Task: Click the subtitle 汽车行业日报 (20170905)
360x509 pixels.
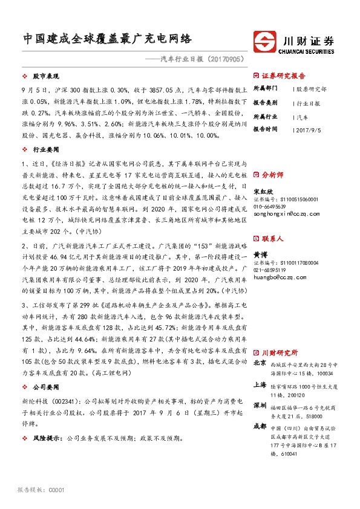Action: (x=203, y=59)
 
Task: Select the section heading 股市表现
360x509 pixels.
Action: (x=44, y=78)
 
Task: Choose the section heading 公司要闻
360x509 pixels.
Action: (x=44, y=386)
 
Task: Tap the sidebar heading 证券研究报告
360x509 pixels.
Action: (x=284, y=77)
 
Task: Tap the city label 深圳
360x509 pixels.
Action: (x=259, y=403)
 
